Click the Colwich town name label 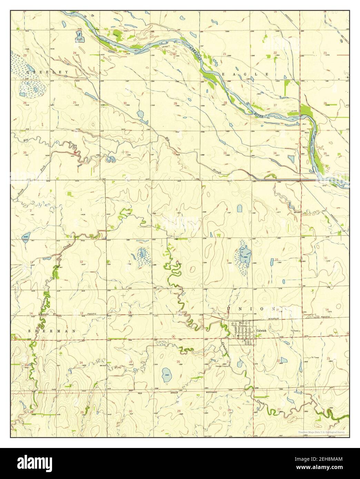point(261,330)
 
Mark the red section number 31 point(127,152)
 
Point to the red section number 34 point(275,153)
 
